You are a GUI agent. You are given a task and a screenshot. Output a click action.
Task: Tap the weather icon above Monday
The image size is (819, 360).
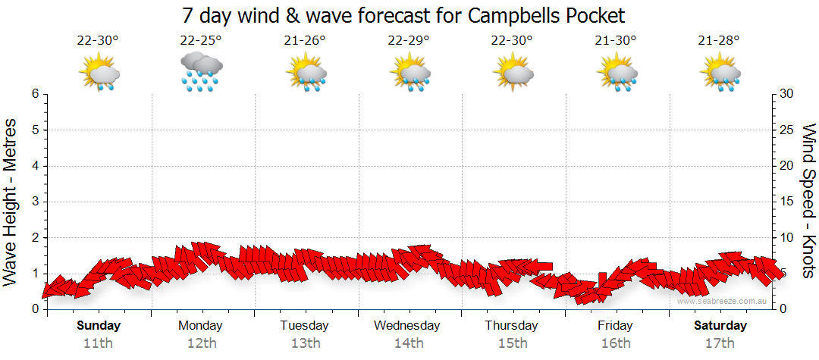pyautogui.click(x=201, y=72)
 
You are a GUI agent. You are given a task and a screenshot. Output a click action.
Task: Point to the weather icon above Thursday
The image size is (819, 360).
pyautogui.click(x=513, y=72)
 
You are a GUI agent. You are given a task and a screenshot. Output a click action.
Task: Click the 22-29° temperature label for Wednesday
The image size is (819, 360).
pyautogui.click(x=409, y=41)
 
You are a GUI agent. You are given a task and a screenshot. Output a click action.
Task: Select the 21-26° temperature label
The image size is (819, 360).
pyautogui.click(x=305, y=41)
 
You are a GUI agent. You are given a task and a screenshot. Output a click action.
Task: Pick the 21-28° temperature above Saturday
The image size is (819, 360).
pyautogui.click(x=719, y=41)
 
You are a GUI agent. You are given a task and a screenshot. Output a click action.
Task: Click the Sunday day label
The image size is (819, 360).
pyautogui.click(x=99, y=326)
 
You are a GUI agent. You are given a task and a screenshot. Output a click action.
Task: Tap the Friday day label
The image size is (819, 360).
pyautogui.click(x=615, y=326)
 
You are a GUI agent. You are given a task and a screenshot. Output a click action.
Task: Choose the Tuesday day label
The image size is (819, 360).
pyautogui.click(x=305, y=326)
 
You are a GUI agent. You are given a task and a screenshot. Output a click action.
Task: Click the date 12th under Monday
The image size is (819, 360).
pyautogui.click(x=201, y=343)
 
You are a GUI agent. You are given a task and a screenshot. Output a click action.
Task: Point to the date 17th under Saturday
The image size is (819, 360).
pyautogui.click(x=720, y=343)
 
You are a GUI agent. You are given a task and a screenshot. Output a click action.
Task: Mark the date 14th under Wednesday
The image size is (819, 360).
pyautogui.click(x=409, y=343)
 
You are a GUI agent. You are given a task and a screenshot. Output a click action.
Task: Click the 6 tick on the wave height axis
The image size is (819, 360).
pyautogui.click(x=34, y=94)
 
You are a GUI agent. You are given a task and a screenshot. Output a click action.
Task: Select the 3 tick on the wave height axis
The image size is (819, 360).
pyautogui.click(x=34, y=202)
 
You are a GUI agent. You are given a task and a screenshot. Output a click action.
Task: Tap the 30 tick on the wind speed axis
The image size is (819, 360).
pyautogui.click(x=788, y=94)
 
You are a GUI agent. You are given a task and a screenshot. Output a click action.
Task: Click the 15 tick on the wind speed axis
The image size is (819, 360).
pyautogui.click(x=788, y=202)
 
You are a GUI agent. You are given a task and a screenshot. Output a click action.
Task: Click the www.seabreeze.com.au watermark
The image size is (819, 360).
pyautogui.click(x=723, y=302)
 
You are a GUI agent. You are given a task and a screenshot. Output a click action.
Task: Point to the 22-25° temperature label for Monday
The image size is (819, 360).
pyautogui.click(x=201, y=41)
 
